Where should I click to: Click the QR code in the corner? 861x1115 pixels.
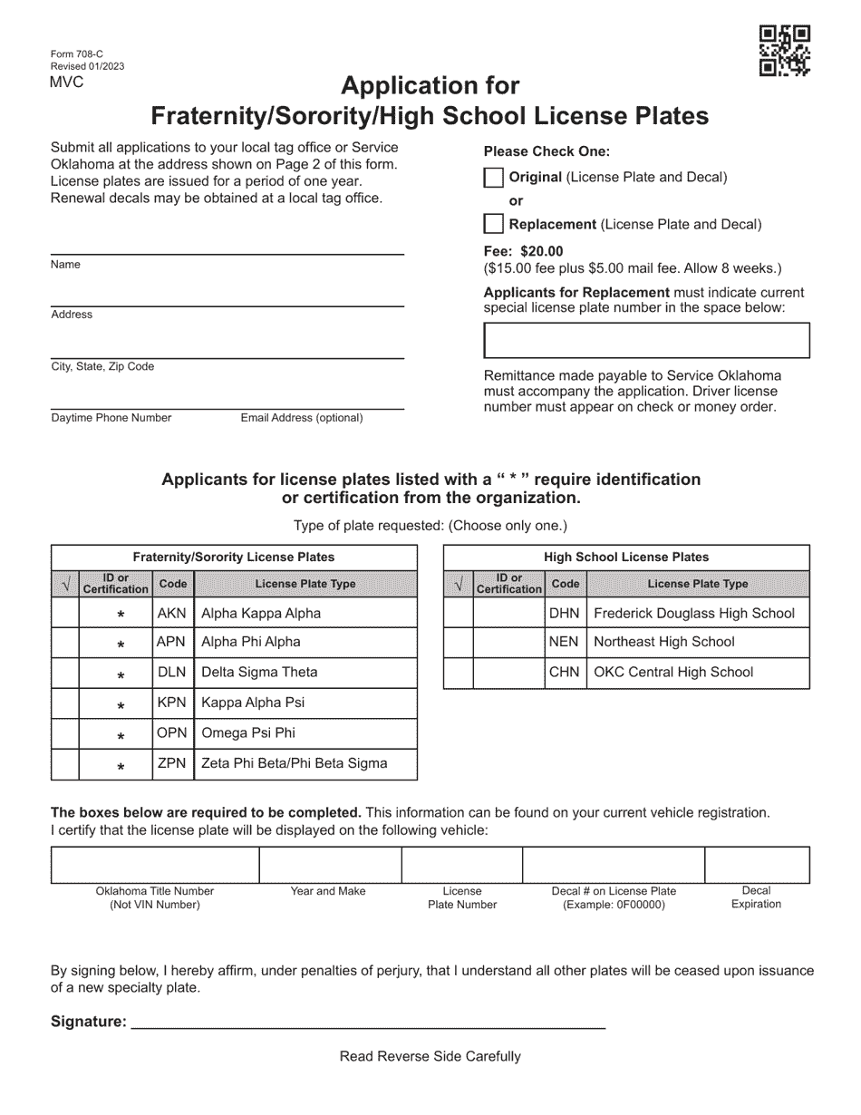click(x=784, y=51)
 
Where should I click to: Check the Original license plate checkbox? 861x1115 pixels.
click(x=494, y=178)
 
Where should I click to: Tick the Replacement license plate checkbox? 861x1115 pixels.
click(x=494, y=224)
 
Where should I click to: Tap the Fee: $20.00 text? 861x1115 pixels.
click(x=523, y=251)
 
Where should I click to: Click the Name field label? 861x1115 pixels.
click(x=66, y=265)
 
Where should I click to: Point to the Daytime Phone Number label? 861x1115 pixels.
click(x=111, y=418)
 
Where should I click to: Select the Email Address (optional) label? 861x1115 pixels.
click(x=302, y=418)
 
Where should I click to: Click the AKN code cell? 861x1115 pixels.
click(x=171, y=613)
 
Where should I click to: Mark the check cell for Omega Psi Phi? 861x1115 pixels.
click(x=65, y=733)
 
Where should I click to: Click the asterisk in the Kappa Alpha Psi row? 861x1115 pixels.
click(x=121, y=704)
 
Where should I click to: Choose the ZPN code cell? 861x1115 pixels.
click(x=171, y=763)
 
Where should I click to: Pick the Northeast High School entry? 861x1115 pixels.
click(x=663, y=642)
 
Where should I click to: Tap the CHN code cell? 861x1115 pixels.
click(x=565, y=673)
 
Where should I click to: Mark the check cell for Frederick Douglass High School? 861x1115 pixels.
click(x=458, y=613)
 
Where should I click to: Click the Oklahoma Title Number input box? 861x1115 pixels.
click(x=155, y=866)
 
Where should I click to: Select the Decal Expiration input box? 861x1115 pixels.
click(x=757, y=866)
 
